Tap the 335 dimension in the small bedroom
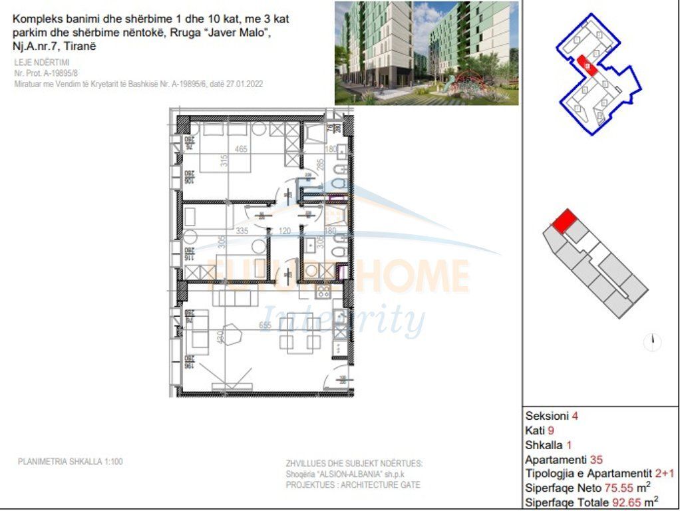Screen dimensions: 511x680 (242, 231)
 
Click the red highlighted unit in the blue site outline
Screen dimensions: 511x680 (586, 64)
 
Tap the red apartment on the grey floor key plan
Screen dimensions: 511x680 (563, 221)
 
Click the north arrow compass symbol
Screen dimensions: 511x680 (653, 342)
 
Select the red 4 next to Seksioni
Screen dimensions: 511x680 (575, 416)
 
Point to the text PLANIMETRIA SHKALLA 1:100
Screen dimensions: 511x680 (70, 461)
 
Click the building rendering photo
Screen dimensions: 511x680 (426, 53)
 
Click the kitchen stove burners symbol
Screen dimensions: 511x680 (323, 290)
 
